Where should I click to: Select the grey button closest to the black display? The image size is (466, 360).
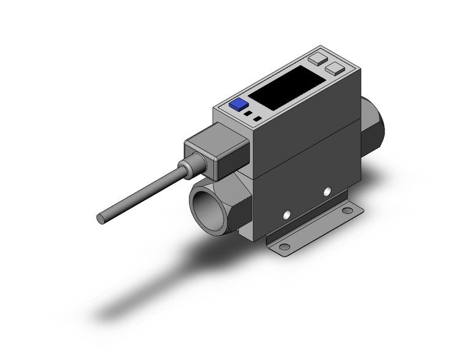[335, 69]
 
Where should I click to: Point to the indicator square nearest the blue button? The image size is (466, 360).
[247, 113]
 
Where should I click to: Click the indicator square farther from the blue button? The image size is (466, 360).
[258, 118]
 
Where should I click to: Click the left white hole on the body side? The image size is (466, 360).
[285, 215]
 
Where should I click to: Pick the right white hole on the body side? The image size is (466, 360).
[326, 193]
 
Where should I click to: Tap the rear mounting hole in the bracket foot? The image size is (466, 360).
[347, 210]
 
